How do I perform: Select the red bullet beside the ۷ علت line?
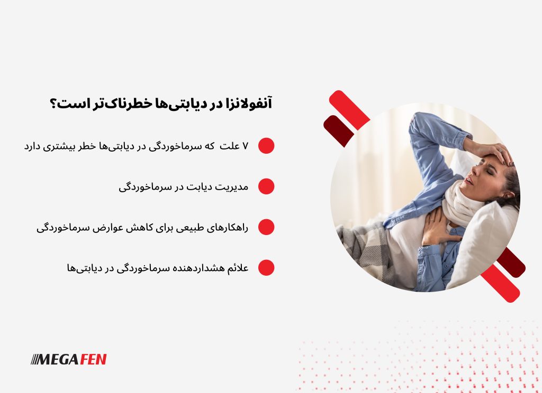click(266, 146)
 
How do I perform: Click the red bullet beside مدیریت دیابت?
click(266, 186)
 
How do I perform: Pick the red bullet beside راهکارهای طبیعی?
click(266, 227)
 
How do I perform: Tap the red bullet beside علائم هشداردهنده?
click(266, 268)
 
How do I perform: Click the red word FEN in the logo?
click(93, 360)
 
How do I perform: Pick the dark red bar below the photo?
click(511, 262)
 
